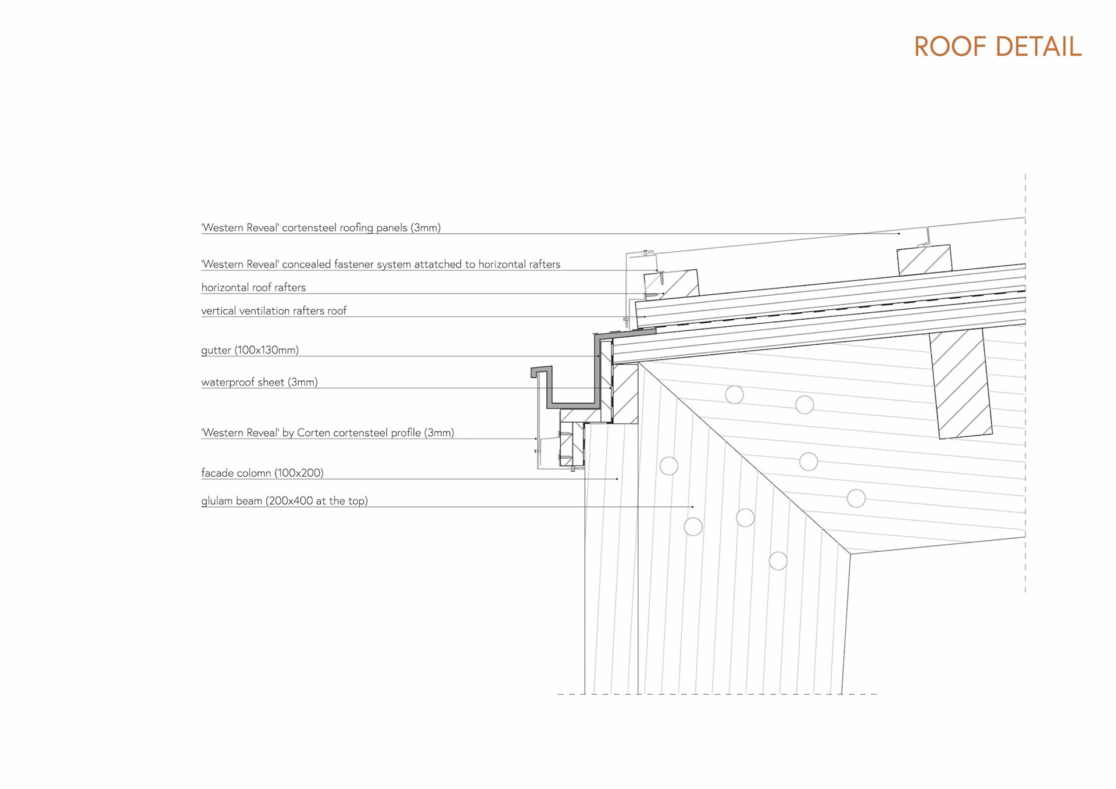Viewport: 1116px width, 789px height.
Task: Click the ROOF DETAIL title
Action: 997,47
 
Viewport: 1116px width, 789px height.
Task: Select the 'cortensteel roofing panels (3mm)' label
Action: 321,227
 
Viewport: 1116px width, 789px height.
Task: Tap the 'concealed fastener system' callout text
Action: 381,264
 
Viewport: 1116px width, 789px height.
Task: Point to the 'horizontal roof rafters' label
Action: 253,287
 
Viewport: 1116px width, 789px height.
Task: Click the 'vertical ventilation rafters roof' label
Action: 274,310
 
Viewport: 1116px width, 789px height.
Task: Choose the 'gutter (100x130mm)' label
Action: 250,350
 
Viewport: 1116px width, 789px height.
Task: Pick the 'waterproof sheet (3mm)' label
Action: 259,382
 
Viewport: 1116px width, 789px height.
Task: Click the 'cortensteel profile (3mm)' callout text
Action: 327,433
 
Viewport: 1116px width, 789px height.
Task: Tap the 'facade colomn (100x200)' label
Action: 262,473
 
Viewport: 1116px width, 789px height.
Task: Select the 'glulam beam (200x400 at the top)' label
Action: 284,501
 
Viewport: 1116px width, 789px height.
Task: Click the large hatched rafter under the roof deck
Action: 960,384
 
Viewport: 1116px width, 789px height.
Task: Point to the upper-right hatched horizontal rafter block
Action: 925,260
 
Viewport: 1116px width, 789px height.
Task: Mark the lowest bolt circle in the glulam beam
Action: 778,561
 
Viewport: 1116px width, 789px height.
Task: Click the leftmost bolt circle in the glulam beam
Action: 669,466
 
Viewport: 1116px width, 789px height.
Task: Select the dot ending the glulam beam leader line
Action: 692,507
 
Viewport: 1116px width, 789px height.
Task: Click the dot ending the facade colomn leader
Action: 617,479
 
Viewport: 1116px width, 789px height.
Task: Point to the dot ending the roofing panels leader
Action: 899,234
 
